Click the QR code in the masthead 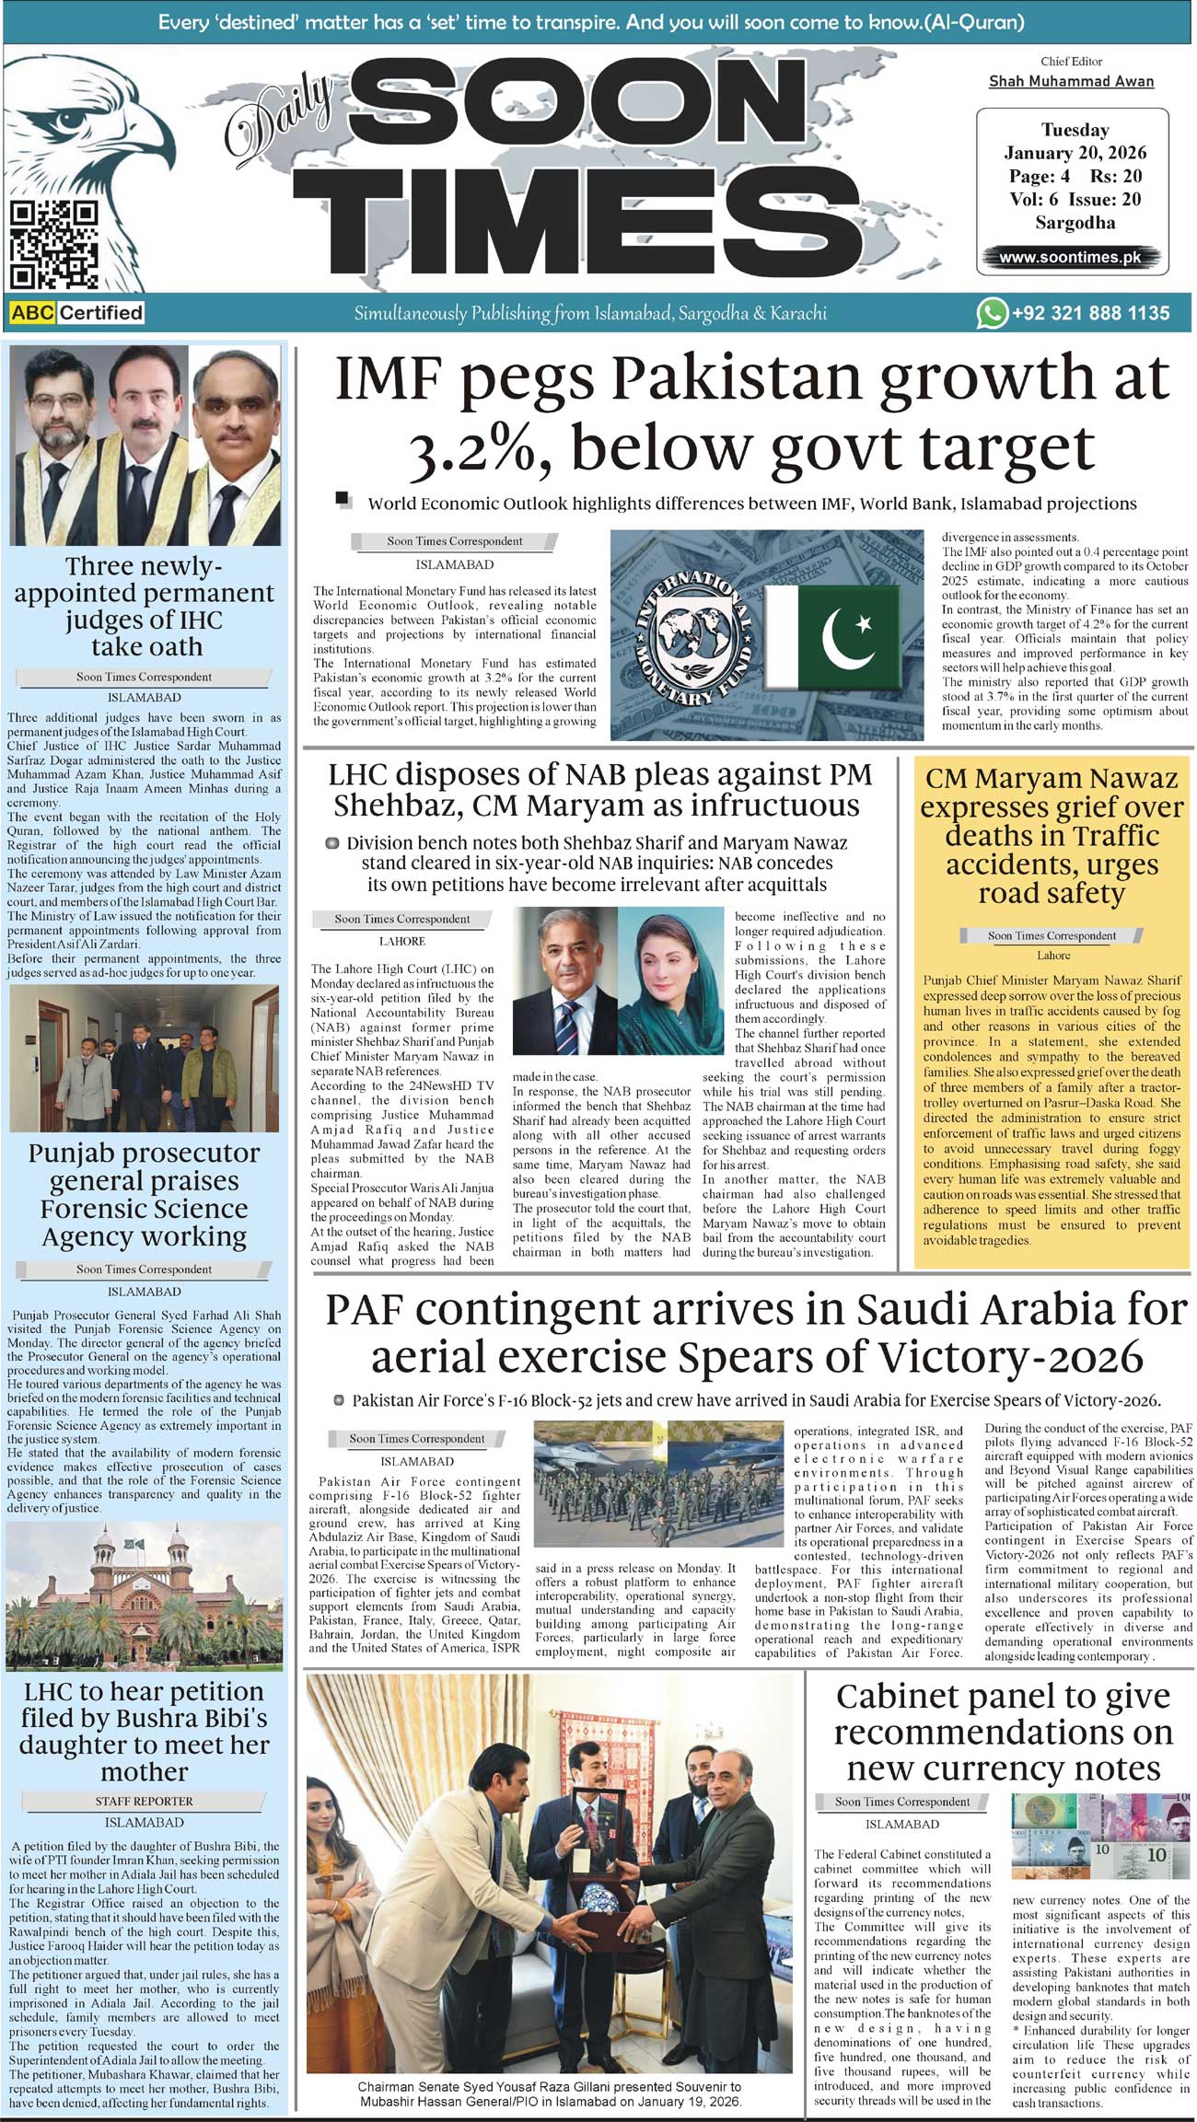click(54, 244)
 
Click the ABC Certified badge click(77, 313)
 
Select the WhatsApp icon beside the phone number click(992, 313)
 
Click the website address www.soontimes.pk click(1070, 258)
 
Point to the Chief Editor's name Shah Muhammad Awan click(1071, 81)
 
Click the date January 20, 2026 click(1075, 153)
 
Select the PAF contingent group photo click(658, 1483)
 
